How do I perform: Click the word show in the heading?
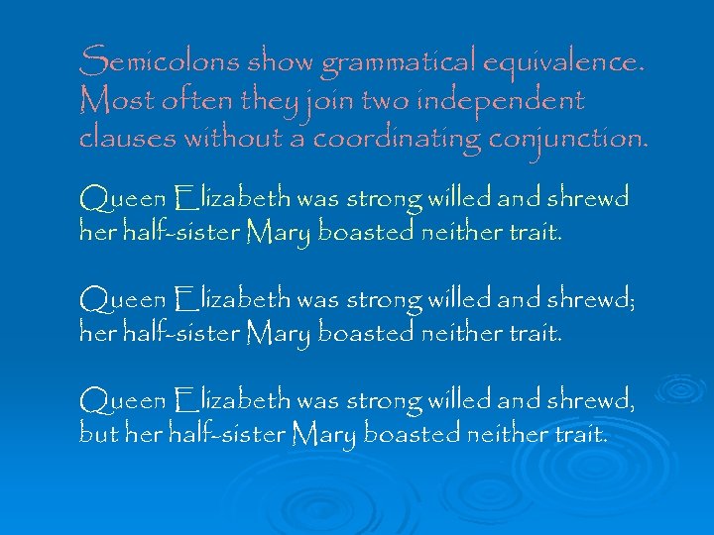coord(282,63)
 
